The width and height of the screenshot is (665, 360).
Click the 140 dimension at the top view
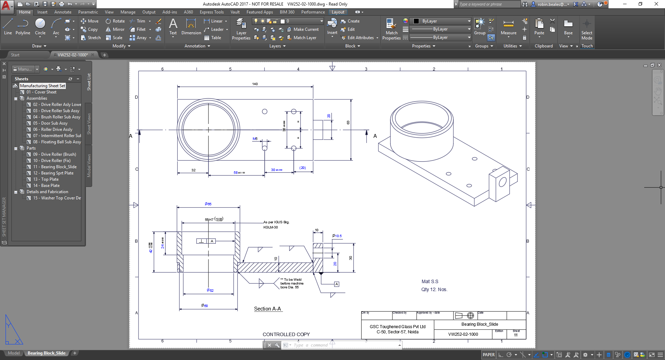point(255,84)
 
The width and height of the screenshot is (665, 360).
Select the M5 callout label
point(255,138)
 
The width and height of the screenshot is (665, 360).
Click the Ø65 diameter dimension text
point(208,204)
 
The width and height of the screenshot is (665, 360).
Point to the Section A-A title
point(267,309)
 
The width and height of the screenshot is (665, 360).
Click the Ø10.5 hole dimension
point(337,236)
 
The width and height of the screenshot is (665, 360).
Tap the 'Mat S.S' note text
point(430,281)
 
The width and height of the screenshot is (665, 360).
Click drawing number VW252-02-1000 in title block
point(463,334)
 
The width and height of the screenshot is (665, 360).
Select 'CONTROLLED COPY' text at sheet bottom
point(286,334)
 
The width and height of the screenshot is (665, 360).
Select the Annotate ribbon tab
point(63,12)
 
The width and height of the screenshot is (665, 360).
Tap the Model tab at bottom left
point(14,353)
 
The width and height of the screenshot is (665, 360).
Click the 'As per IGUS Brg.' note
point(276,222)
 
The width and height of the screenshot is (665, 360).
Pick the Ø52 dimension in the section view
point(210,290)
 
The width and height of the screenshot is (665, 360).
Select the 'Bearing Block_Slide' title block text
point(479,324)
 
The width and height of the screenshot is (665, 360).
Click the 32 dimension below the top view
point(193,170)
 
